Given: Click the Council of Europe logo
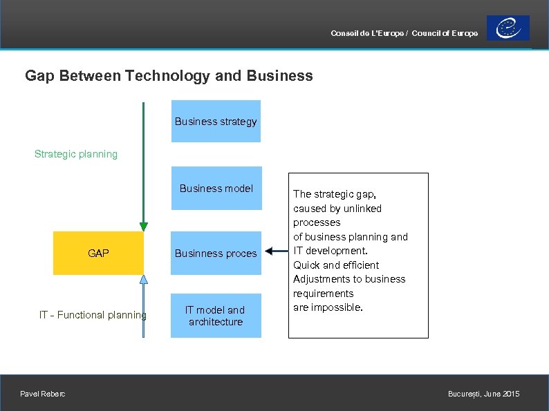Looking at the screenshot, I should [x=508, y=28].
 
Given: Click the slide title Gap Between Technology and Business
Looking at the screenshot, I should [x=169, y=76].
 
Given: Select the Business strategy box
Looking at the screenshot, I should [x=216, y=122].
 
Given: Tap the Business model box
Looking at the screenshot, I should [x=216, y=188].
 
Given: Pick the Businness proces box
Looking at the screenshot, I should [x=216, y=254].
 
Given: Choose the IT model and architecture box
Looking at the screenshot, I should [x=216, y=316].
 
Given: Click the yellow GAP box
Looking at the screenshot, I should [x=98, y=254].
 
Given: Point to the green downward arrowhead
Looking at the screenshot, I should [x=143, y=226].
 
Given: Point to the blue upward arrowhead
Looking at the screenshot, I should [x=143, y=280].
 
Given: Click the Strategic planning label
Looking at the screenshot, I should [x=76, y=154].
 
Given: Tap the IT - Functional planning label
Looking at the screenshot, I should [x=93, y=315].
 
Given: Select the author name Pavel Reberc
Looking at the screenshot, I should [x=43, y=394].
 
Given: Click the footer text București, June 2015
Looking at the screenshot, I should [x=483, y=394].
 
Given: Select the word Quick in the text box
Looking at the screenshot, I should [x=306, y=265].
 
